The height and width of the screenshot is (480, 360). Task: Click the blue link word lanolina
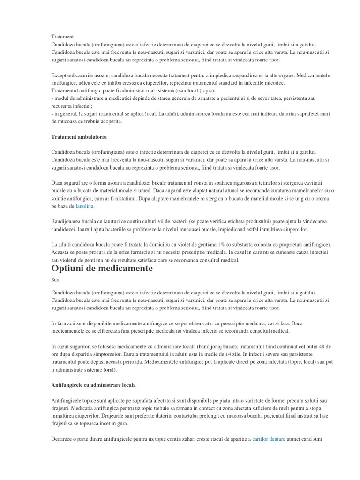pos(85,206)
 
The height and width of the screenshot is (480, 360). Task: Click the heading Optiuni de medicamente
pos(102,269)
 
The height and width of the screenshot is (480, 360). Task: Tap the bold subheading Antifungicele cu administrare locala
pos(94,385)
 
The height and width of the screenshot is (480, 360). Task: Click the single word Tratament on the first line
pos(62,37)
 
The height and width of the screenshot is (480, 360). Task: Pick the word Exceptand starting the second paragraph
pos(65,75)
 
